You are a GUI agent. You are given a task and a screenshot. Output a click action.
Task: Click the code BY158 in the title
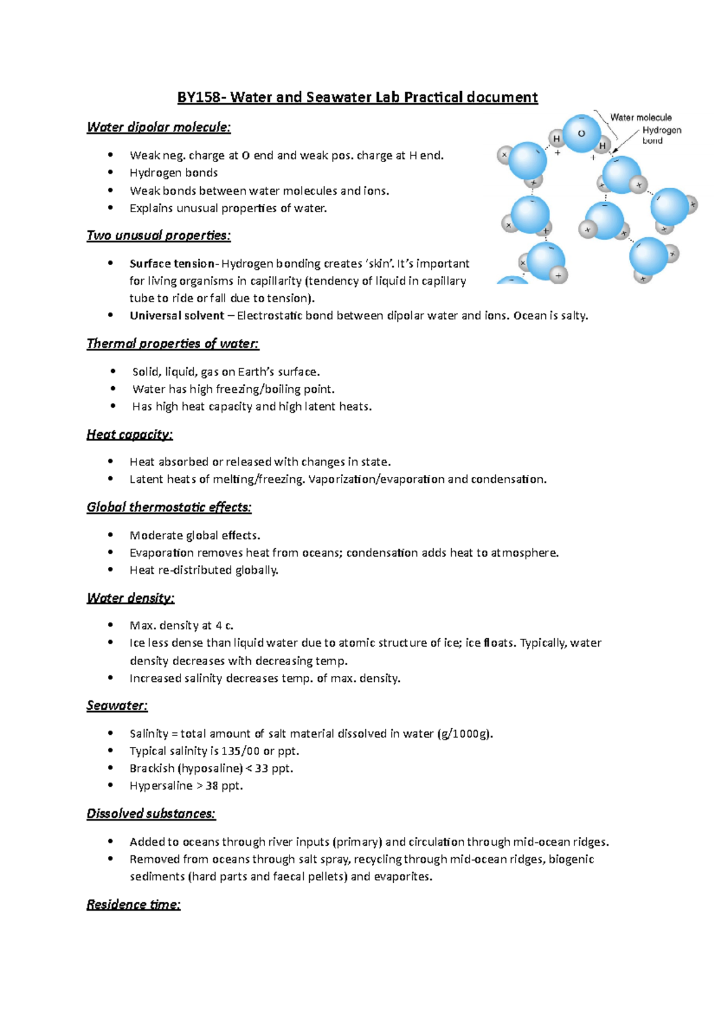tap(200, 97)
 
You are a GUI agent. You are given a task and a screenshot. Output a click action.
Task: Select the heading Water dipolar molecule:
tap(158, 127)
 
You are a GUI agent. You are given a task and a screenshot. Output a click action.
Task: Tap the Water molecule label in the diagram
tap(641, 117)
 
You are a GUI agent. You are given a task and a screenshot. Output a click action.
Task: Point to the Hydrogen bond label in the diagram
tap(661, 135)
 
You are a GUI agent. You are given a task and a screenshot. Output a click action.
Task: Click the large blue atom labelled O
tap(582, 134)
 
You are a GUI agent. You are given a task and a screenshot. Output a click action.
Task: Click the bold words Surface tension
tap(172, 263)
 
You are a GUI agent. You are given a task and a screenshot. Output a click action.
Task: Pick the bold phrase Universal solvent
tap(177, 316)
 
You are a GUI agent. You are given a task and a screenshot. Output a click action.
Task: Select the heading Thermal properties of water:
tap(173, 344)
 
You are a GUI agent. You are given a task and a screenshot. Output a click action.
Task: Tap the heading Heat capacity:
tap(129, 434)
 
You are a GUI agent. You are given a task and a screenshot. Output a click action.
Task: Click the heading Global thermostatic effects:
tap(169, 507)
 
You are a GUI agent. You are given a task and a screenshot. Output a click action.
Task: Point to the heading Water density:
tap(130, 598)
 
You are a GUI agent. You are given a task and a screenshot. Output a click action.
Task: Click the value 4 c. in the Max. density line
tap(225, 626)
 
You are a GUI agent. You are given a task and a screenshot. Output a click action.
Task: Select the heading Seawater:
tap(117, 706)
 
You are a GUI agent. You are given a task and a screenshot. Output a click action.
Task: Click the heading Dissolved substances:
tap(151, 814)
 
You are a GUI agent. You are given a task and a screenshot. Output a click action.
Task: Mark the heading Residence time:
tap(133, 905)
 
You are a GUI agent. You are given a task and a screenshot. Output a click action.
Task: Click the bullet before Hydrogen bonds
tap(110, 173)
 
